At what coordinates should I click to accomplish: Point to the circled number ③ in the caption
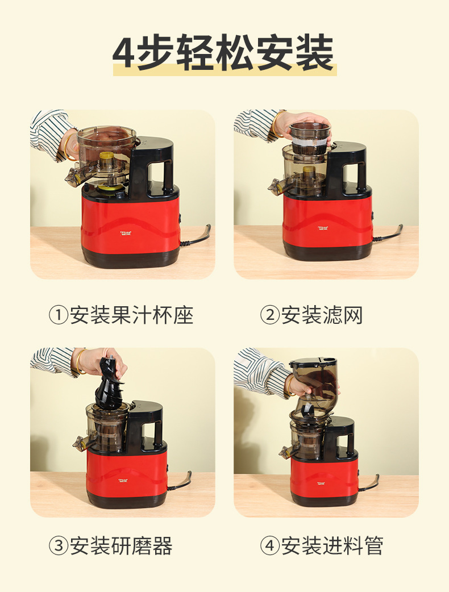59,546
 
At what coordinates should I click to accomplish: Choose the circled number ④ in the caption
269,546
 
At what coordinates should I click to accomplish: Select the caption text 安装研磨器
121,546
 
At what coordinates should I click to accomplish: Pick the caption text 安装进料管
332,546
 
